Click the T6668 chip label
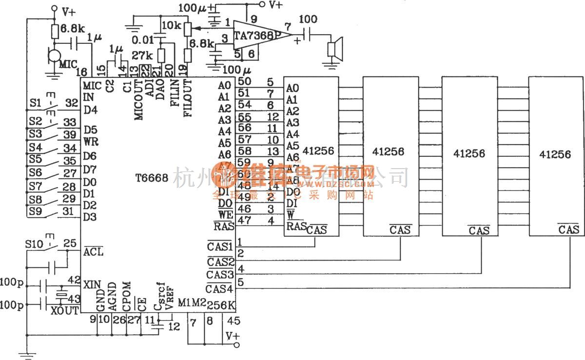tap(152, 179)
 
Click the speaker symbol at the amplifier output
tap(333, 49)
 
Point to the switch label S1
tap(34, 103)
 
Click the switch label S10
tap(36, 243)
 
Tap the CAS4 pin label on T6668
tap(219, 289)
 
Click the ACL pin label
tap(93, 252)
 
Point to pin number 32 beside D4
tap(71, 103)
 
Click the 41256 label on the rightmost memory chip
tap(556, 154)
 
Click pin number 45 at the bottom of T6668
tap(234, 321)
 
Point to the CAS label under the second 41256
tap(400, 229)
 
